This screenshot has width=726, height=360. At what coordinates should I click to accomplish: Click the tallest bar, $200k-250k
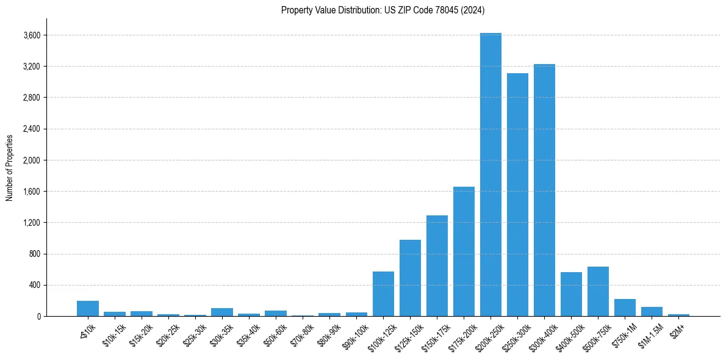point(491,175)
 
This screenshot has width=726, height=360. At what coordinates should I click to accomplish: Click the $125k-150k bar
point(410,278)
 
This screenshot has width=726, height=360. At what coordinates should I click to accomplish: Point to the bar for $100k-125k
point(383,293)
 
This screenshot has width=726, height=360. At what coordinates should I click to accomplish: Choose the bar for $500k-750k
point(598,291)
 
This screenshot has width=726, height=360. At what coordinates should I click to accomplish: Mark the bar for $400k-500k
point(571,294)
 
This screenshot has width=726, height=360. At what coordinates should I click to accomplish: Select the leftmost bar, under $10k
point(88,308)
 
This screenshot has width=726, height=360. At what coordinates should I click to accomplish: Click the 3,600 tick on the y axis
point(32,35)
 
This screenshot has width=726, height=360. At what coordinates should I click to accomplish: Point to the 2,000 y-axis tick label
point(32,160)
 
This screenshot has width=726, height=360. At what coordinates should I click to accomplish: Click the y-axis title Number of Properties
point(10,167)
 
